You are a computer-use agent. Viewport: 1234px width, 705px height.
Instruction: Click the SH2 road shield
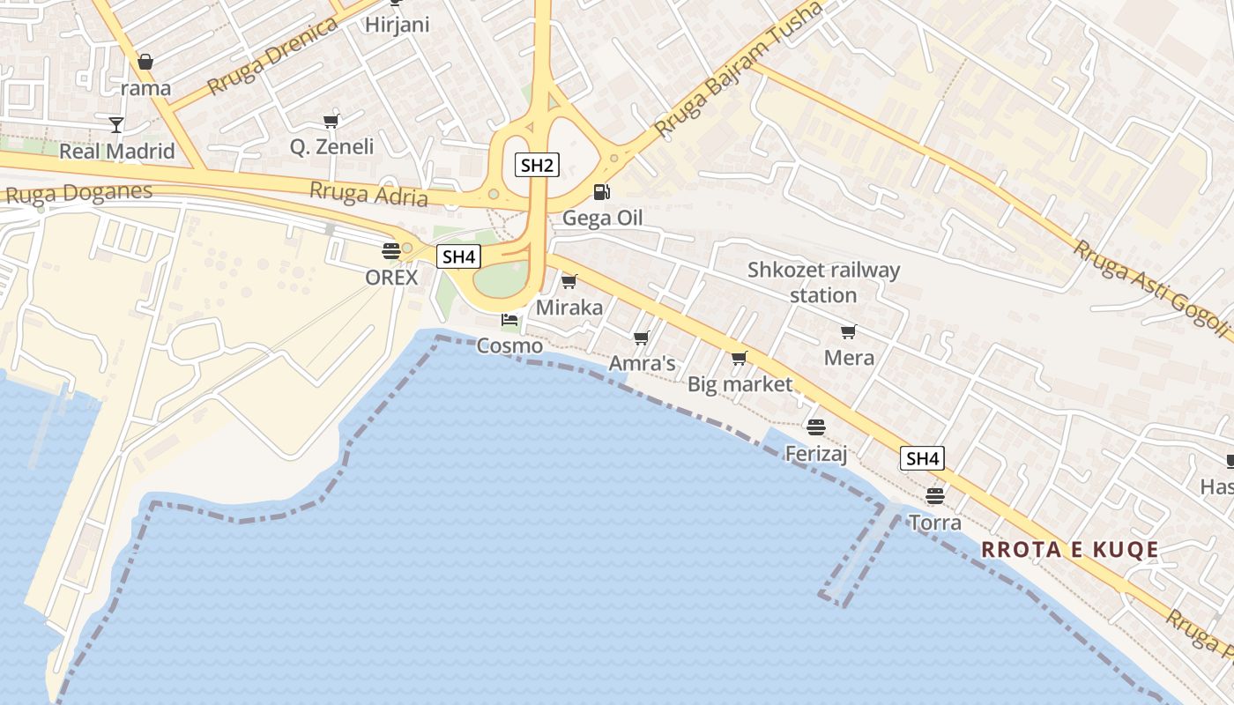(537, 165)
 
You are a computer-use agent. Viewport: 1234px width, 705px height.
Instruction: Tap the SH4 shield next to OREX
(459, 256)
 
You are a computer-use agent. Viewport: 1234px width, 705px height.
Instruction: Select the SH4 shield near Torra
(923, 458)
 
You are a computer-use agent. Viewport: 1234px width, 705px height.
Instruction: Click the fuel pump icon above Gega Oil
(601, 191)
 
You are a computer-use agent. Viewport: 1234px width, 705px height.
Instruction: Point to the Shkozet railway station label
(823, 282)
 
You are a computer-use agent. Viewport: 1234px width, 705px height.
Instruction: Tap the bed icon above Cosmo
(509, 319)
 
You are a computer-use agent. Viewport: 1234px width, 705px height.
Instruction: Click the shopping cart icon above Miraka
(569, 281)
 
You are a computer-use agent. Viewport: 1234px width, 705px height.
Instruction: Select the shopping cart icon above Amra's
(642, 338)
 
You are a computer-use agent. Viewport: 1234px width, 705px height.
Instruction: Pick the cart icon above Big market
(740, 358)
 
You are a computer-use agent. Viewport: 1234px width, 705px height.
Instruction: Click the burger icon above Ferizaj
(816, 427)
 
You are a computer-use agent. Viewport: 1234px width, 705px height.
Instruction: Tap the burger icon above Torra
(935, 496)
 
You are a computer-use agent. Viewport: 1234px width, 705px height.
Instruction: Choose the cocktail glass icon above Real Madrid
(116, 124)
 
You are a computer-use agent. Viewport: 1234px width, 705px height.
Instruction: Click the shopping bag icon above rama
(145, 62)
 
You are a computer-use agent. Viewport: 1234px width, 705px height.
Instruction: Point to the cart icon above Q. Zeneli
(331, 121)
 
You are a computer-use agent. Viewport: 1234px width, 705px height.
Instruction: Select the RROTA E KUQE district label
(1070, 550)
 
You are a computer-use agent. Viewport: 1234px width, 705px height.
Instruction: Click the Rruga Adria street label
(368, 194)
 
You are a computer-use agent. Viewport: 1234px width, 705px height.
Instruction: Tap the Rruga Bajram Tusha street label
(739, 70)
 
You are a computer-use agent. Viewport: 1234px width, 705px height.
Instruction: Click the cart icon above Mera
(848, 331)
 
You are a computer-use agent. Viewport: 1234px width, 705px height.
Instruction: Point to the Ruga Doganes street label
(79, 193)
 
